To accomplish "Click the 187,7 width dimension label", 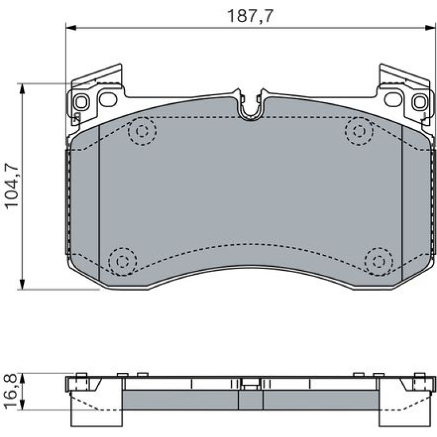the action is click(250, 16).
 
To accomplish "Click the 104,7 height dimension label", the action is click(12, 186).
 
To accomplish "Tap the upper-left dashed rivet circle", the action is click(142, 131).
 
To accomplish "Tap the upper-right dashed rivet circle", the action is click(359, 131).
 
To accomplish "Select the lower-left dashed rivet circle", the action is click(123, 262).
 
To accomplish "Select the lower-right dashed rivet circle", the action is click(379, 262).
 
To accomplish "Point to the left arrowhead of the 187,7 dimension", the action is click(71, 28).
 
